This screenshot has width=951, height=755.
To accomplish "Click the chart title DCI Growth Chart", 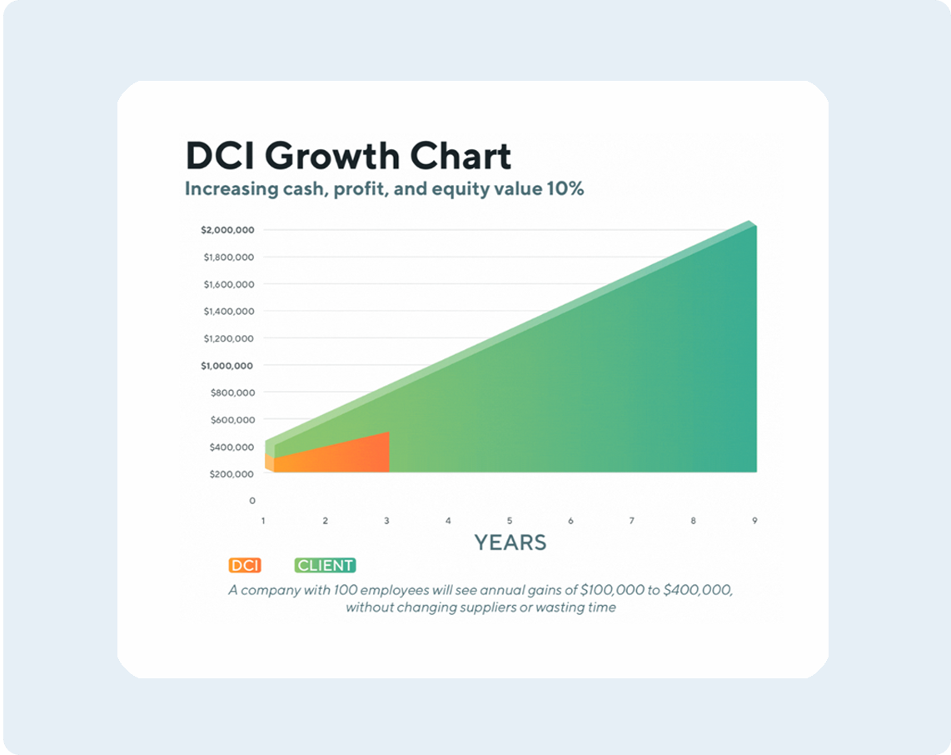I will [347, 157].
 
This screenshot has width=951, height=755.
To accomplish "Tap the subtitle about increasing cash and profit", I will [384, 189].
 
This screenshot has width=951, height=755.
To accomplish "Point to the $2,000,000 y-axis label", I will [227, 229].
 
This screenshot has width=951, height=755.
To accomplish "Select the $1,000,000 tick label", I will [227, 365].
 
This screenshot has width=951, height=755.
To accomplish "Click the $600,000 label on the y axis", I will [230, 420].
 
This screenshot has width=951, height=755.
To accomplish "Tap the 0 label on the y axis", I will [252, 501].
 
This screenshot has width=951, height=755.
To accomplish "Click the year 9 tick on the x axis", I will [754, 521].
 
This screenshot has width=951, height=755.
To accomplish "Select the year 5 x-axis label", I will [510, 521].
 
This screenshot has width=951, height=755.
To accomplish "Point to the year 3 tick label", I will [386, 521].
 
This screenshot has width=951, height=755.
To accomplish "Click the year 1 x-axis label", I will [263, 521].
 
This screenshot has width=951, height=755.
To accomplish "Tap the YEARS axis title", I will [510, 543].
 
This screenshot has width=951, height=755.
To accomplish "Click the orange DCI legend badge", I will [245, 566].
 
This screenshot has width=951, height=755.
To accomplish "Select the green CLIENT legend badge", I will [326, 566].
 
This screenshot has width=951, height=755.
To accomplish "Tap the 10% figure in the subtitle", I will [565, 189].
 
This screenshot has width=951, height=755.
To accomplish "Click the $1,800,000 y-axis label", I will [228, 257].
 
